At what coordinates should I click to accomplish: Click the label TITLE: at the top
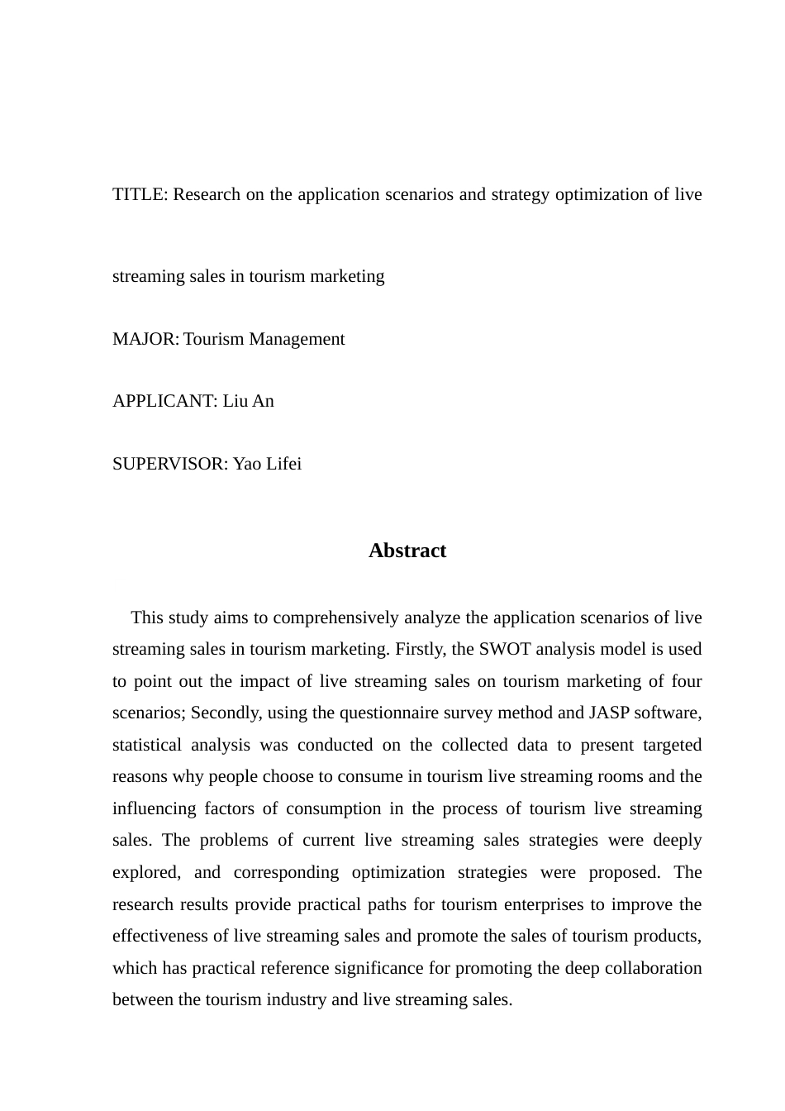tap(140, 195)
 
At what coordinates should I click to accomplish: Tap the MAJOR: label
tap(145, 340)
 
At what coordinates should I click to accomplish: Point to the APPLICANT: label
tap(165, 402)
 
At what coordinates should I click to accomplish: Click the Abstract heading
tap(407, 551)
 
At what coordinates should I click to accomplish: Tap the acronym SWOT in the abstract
tap(505, 650)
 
